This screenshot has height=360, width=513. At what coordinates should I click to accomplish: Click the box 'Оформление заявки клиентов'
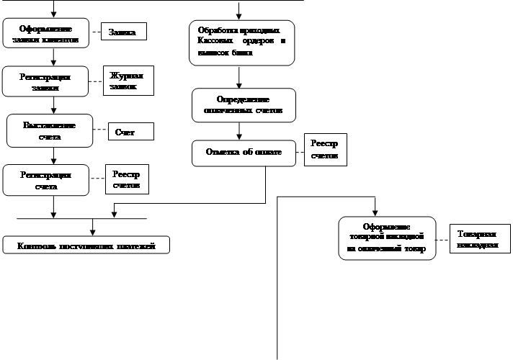tap(46, 32)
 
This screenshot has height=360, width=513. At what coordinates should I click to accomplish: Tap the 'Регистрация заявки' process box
tap(45, 81)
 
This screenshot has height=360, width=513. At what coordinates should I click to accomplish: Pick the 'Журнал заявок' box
tap(130, 81)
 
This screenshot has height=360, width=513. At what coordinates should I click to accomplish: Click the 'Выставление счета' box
tap(50, 130)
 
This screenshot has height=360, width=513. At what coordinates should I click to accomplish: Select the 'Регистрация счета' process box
tap(45, 179)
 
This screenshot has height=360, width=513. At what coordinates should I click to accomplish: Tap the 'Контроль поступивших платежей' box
tap(86, 246)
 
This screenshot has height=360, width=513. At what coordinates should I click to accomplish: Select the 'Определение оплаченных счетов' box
tap(244, 105)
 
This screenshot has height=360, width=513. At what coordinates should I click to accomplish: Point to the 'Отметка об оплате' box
tap(244, 153)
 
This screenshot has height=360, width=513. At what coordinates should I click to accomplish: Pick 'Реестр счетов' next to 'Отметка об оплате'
tap(326, 149)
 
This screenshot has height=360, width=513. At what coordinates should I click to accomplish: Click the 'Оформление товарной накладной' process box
tap(387, 238)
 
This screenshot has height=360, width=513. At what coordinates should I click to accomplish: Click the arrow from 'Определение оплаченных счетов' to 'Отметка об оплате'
tap(239, 131)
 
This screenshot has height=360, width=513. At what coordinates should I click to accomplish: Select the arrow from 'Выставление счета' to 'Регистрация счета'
tap(53, 156)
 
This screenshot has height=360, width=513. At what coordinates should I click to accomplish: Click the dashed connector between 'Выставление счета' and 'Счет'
tap(100, 130)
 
